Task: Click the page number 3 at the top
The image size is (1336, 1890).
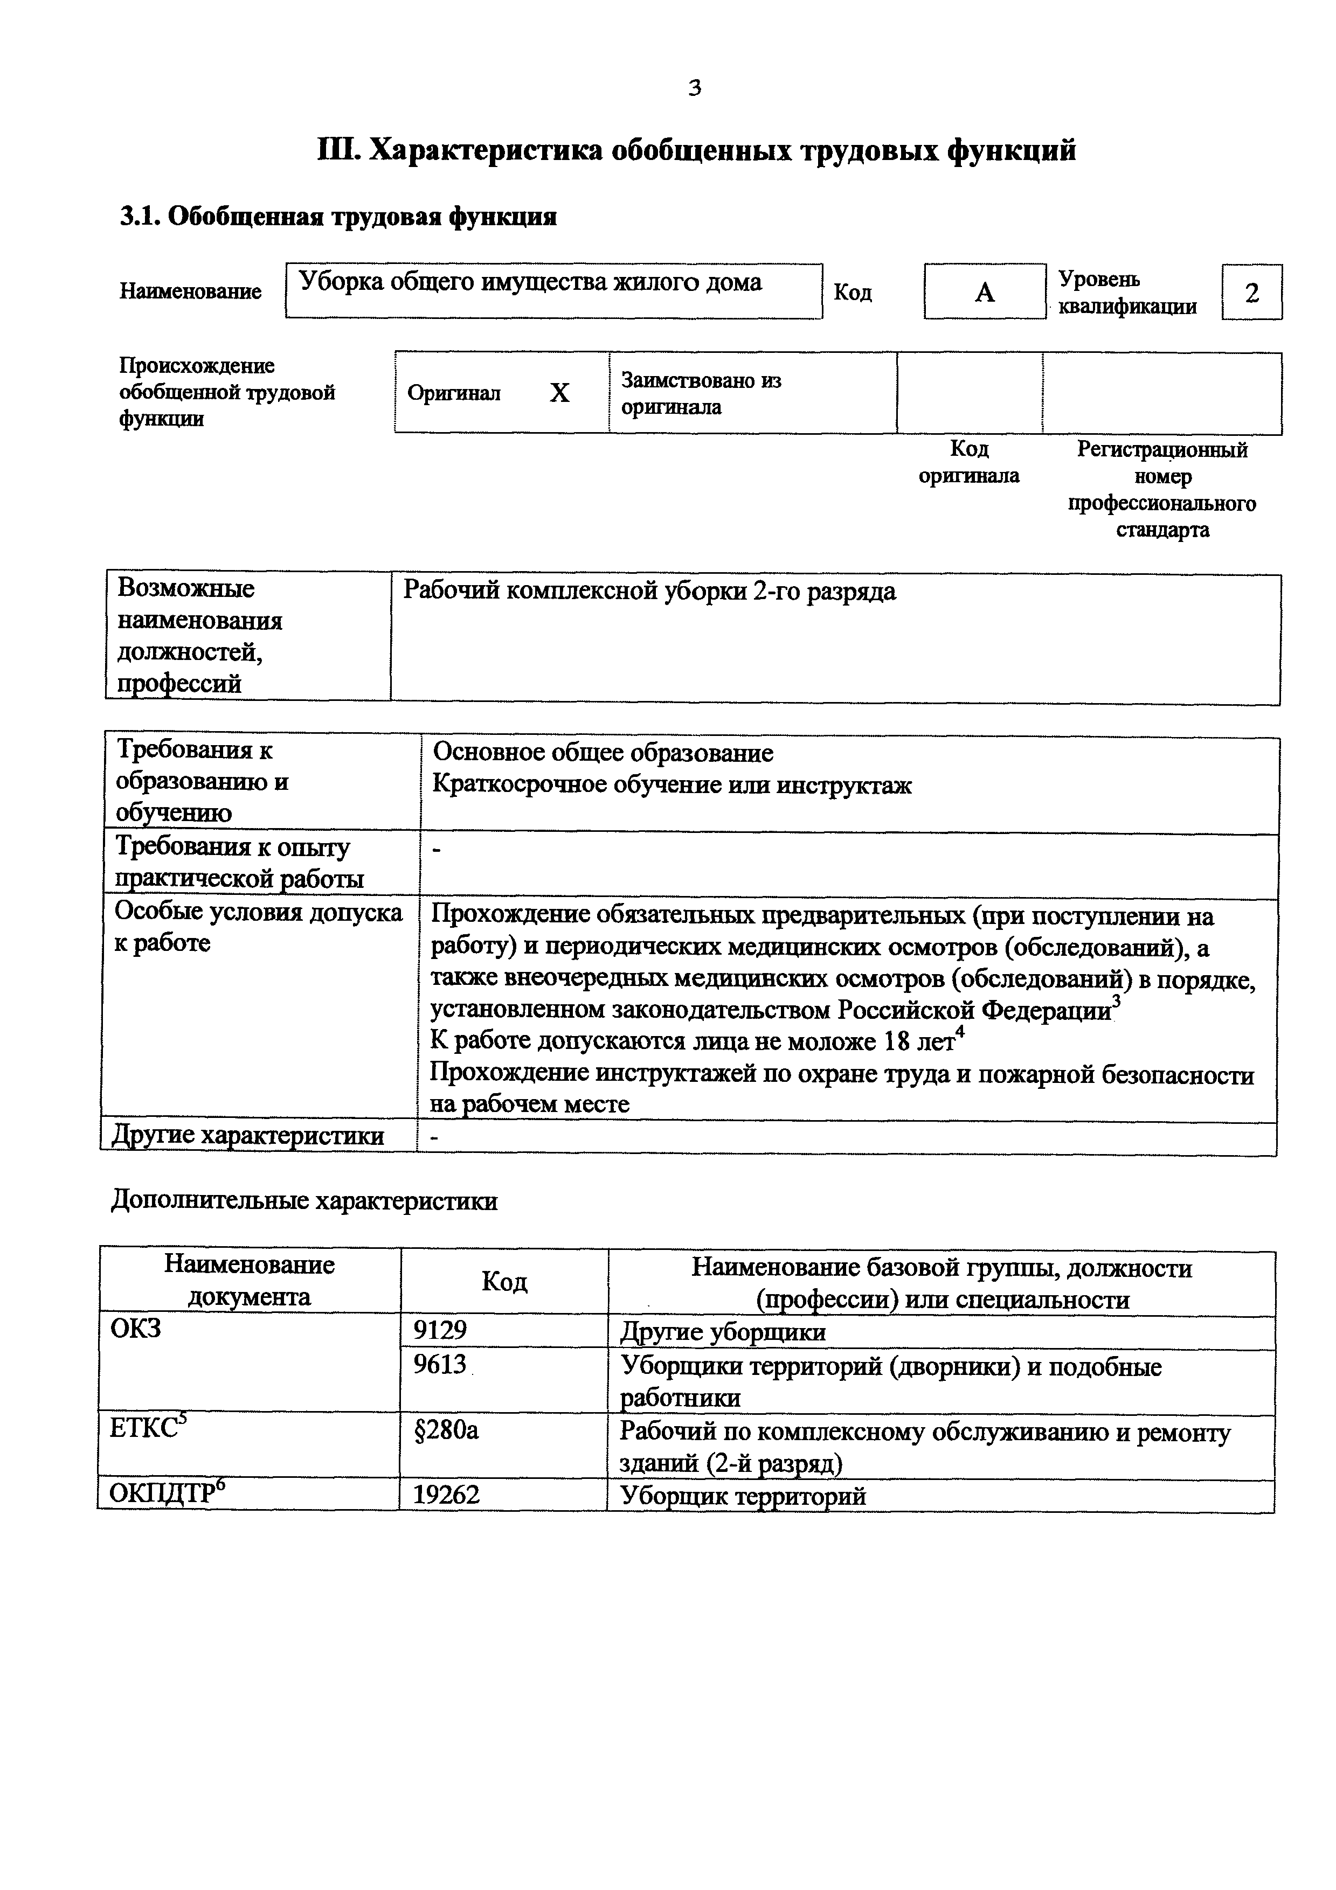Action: tap(694, 88)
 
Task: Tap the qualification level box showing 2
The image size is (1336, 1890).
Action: tap(1251, 292)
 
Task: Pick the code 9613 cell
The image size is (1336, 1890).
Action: tap(440, 1366)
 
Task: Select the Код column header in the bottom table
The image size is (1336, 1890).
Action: tap(504, 1282)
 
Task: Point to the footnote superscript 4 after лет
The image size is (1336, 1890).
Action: tap(960, 1035)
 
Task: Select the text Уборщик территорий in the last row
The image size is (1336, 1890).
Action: tap(743, 1496)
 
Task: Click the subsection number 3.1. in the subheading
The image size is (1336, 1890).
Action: tap(141, 217)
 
